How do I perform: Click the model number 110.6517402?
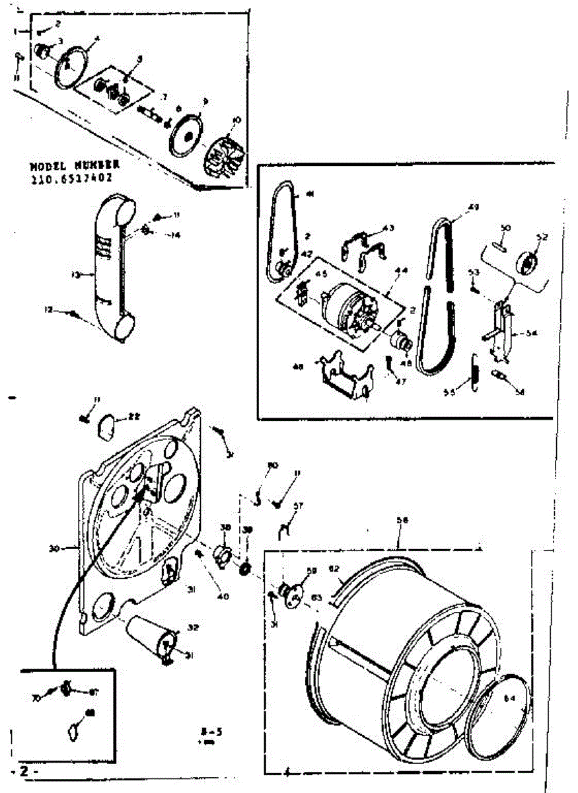(x=71, y=178)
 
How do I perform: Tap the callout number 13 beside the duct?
(x=76, y=274)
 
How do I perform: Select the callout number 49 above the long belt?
(x=472, y=208)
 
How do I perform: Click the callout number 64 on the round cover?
(x=509, y=699)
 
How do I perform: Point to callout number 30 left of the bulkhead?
(x=54, y=548)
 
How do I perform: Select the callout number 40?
(x=223, y=597)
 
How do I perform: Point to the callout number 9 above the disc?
(x=205, y=101)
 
